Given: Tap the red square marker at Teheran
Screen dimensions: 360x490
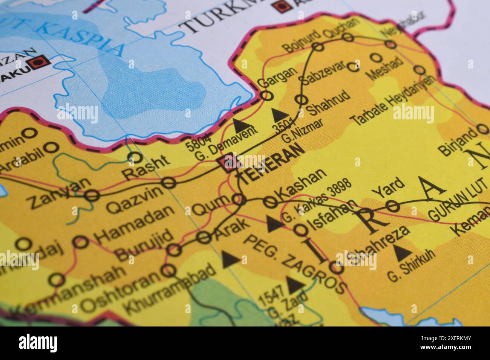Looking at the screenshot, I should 230,163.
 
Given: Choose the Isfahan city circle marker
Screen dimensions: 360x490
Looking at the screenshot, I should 300,229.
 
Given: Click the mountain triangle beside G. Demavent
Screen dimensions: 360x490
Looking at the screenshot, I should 237,123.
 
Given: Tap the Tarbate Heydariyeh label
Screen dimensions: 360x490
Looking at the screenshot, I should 392,100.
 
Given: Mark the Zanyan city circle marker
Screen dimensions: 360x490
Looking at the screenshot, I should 92,195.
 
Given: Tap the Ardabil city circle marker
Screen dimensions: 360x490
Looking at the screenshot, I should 52,147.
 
